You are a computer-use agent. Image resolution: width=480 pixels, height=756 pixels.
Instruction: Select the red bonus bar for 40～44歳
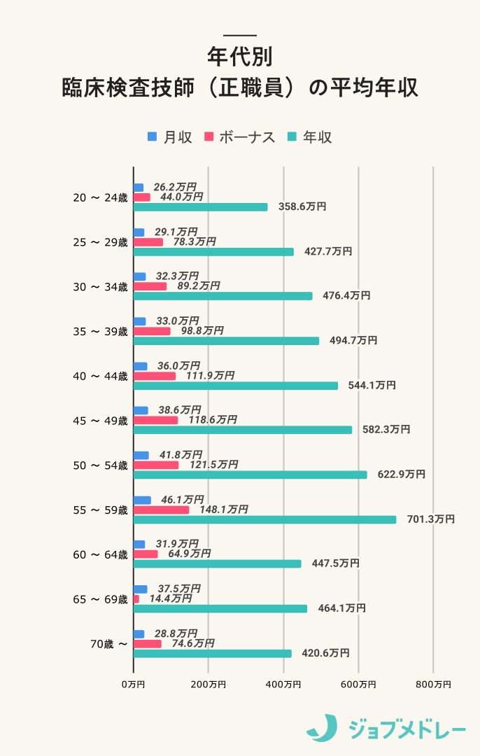coord(155,376)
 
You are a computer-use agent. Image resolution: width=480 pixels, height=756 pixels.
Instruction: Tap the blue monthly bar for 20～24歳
coord(139,188)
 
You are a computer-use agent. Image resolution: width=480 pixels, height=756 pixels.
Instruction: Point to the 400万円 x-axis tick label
coord(283,684)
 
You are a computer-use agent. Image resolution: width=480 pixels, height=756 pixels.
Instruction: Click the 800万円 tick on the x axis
coord(433,684)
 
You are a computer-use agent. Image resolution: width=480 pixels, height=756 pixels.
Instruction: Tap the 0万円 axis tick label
coord(133,684)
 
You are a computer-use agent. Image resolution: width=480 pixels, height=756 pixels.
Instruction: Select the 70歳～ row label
coord(109,644)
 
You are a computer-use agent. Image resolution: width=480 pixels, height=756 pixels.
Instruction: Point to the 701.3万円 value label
coord(430,519)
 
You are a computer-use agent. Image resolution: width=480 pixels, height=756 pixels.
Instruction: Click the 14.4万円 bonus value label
coord(170,598)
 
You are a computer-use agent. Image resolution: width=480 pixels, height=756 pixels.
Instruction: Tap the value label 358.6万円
coord(302,206)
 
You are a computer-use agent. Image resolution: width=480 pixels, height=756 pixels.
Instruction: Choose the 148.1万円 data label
coord(223,510)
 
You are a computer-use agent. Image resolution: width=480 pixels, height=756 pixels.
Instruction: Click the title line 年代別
coord(240,56)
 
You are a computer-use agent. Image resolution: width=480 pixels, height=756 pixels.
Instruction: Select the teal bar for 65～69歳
coord(220,608)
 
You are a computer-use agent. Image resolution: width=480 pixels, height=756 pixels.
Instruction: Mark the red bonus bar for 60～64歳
coord(146,554)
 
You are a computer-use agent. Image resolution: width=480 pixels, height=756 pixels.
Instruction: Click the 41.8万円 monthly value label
coord(181,455)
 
